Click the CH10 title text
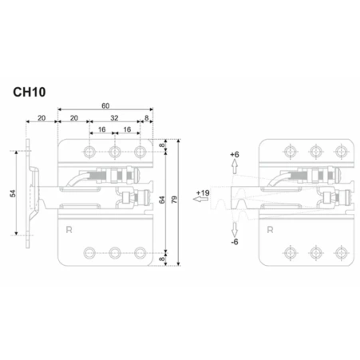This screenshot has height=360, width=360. pos(30,92)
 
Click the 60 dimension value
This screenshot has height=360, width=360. pos(105,106)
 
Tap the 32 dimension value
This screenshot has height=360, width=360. pos(114,118)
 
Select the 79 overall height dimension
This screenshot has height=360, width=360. pos(174,200)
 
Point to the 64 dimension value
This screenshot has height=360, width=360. pos(162,200)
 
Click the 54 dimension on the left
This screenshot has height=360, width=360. pos(13,193)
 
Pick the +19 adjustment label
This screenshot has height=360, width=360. pos(203,193)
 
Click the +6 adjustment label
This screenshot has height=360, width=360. pos(235,154)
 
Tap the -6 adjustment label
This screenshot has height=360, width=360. pos(235,242)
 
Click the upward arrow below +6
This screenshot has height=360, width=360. pos(235,166)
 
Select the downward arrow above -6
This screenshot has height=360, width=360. pos(235,230)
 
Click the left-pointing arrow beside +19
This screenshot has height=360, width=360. pos(200,199)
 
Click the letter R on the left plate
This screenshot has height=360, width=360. pos(69,230)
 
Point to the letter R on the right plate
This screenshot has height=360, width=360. pos(270,230)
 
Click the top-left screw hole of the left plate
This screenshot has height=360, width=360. pos(89,152)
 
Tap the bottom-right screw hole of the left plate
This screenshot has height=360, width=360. pos(140,253)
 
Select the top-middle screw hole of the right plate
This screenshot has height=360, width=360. pos(315,152)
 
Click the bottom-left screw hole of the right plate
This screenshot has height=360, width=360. pos(291,252)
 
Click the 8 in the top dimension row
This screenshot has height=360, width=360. pos(147,118)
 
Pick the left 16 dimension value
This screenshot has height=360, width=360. pos(102,129)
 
